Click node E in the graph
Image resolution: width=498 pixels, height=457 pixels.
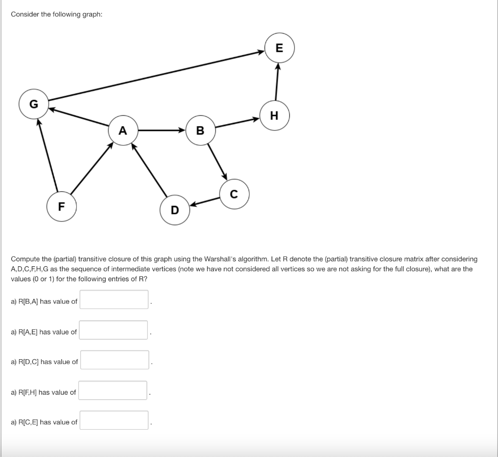coord(279,48)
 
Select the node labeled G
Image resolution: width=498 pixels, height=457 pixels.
coord(34,104)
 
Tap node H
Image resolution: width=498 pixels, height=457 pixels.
coord(274,115)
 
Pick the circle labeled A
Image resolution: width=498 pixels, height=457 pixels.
coord(123,130)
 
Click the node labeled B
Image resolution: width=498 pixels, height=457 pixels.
coord(200,130)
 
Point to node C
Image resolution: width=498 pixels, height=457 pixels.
coord(234,195)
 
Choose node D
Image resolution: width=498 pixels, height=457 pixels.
coord(175,210)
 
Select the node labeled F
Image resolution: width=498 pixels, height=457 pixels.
coord(61,206)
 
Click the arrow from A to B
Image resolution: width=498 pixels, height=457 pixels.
coord(161,130)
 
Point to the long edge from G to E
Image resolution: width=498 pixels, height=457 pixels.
coord(156,75)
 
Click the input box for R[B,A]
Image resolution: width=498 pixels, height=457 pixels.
coord(114,300)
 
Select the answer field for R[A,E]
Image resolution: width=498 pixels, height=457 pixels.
coord(114,330)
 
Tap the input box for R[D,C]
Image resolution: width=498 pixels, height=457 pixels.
coord(115,360)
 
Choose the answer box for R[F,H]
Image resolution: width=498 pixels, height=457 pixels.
coord(113,390)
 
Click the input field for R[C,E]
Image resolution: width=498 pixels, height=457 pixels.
coord(114,420)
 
